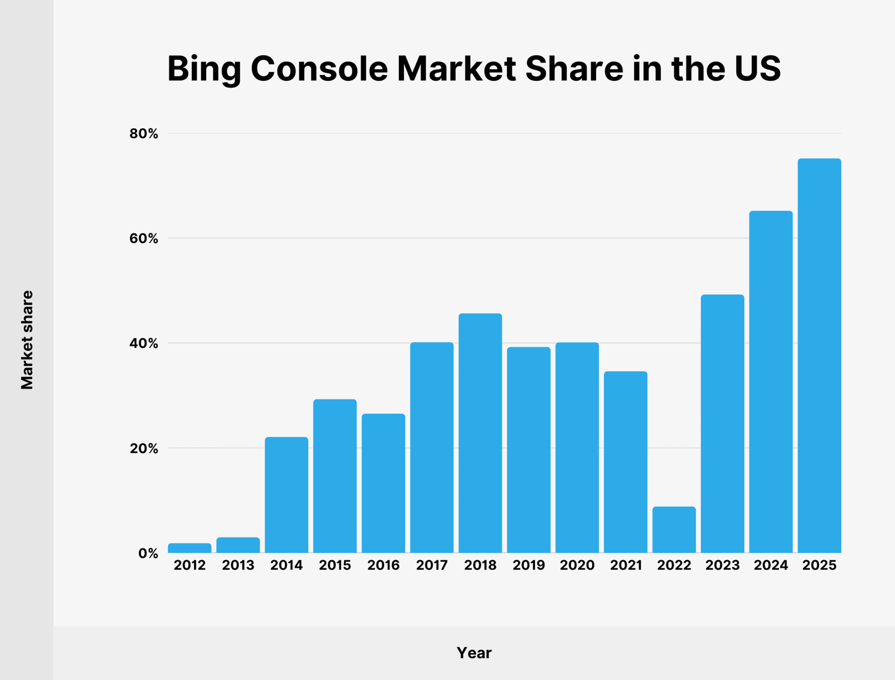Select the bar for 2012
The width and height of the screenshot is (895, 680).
coord(190,548)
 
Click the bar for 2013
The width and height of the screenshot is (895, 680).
coord(238,545)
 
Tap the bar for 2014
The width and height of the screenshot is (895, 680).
coord(287,495)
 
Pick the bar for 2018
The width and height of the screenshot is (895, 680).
coord(480,433)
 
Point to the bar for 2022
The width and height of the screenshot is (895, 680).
coord(674,530)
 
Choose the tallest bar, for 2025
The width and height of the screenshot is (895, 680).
coord(819,356)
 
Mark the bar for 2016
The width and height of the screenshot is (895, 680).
coord(383,483)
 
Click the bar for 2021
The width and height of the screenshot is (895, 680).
coord(626,462)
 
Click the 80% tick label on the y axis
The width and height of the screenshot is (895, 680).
coord(144,134)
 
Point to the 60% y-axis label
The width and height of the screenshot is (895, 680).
coord(144,239)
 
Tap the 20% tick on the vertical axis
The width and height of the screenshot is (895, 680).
coord(144,448)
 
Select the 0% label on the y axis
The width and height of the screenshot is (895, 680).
coord(148,554)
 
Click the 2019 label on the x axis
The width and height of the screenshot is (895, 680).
coord(529,565)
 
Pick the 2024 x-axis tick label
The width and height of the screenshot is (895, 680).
coord(771,565)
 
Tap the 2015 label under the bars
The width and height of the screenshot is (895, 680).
coord(335,565)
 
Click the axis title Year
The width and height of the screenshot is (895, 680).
coord(474,653)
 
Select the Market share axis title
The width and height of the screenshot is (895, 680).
coord(27,340)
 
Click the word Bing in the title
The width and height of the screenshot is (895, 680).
coord(204,69)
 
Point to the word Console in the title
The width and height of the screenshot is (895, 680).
coord(319,69)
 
